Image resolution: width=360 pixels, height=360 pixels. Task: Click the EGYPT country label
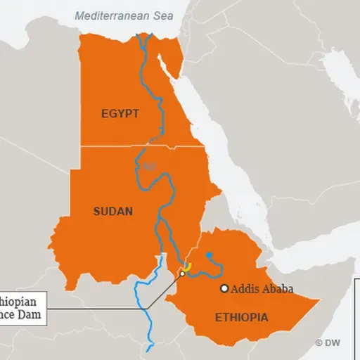click(x=120, y=113)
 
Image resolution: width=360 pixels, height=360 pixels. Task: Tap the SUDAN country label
click(x=113, y=210)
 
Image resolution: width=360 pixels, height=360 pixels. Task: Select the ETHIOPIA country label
click(x=241, y=318)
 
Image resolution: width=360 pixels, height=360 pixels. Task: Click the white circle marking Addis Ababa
click(x=224, y=288)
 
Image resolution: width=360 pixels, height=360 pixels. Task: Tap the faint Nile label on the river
click(x=148, y=167)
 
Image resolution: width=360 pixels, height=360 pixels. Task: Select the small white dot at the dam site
click(x=182, y=274)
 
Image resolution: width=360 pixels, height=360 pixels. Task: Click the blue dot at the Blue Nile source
click(x=209, y=255)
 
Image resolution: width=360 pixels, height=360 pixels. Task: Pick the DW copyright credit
click(x=328, y=342)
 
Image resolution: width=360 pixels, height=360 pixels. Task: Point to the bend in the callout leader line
click(x=148, y=307)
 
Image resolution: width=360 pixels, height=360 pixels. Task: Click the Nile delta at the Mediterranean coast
click(x=143, y=39)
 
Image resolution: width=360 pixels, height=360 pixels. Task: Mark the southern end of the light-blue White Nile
click(x=149, y=348)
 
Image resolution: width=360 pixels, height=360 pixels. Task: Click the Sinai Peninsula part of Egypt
click(x=169, y=49)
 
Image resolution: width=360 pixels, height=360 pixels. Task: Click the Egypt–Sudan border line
click(x=141, y=146)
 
